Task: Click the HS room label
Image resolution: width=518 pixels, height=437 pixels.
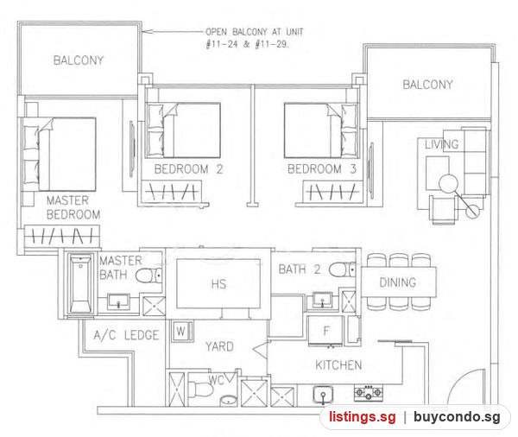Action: [x=218, y=284]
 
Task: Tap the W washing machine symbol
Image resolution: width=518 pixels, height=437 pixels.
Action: [x=181, y=331]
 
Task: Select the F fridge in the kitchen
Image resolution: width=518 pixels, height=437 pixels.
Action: [x=325, y=331]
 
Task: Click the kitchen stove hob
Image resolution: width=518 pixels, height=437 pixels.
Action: [x=369, y=392]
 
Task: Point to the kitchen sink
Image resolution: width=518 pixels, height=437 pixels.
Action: [x=323, y=395]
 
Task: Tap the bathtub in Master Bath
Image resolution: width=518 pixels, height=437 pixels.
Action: [x=80, y=283]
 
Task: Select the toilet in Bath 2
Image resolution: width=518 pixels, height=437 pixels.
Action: [x=342, y=269]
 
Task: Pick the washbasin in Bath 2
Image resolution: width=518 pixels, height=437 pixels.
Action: [x=322, y=300]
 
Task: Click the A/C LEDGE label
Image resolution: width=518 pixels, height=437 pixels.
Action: [x=126, y=335]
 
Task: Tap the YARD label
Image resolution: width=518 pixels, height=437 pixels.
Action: [x=219, y=346]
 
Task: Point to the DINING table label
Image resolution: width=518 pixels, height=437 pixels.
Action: [x=398, y=282]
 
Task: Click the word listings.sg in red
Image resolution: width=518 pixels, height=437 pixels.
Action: [x=362, y=416]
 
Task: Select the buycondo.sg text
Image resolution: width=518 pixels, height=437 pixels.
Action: [x=457, y=416]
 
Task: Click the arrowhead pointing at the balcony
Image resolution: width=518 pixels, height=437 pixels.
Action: [x=147, y=32]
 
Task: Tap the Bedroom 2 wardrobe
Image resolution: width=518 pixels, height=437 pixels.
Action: [x=172, y=191]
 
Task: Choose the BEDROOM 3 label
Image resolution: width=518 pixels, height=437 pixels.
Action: [x=322, y=169]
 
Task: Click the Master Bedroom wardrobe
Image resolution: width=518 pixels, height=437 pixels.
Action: [x=62, y=236]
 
